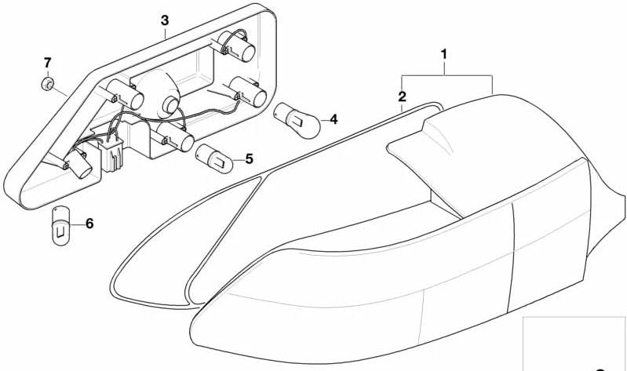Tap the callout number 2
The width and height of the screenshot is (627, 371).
[402, 97]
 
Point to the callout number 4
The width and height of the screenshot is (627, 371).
[333, 119]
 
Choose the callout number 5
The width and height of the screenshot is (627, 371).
[249, 159]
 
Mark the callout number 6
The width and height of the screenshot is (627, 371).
[89, 224]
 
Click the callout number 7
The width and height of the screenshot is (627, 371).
[47, 62]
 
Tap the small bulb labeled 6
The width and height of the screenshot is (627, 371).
[60, 225]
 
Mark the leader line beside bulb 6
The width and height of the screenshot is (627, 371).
[77, 224]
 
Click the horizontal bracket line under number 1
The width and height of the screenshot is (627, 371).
[447, 76]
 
